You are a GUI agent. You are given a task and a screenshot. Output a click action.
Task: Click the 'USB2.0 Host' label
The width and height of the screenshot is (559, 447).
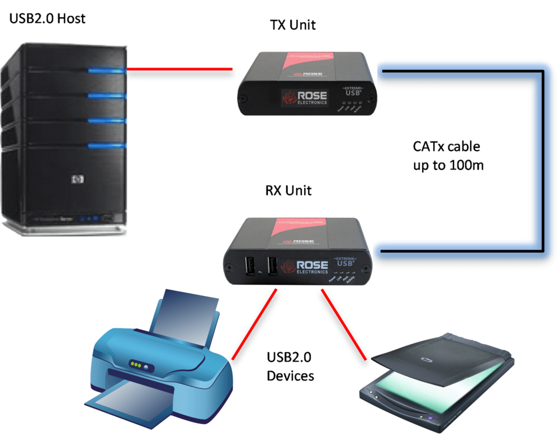[x=48, y=18]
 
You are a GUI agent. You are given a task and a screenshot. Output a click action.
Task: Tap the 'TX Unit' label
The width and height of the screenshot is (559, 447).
[x=292, y=25]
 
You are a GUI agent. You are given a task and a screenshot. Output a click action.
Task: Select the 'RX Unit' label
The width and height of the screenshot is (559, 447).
[x=288, y=191]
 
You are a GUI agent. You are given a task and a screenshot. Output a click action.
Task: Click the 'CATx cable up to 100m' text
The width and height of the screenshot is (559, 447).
[x=447, y=156]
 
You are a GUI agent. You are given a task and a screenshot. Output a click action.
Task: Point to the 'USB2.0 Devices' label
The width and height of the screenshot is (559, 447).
[x=290, y=366]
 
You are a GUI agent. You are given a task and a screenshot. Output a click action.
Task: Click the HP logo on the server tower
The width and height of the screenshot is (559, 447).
[x=77, y=179]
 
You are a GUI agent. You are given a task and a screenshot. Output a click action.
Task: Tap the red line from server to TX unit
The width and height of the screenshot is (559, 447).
[x=179, y=69]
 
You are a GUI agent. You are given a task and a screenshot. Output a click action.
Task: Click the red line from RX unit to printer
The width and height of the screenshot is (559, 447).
[x=254, y=324]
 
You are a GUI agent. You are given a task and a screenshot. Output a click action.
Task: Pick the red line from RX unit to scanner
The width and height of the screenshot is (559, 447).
[x=343, y=324]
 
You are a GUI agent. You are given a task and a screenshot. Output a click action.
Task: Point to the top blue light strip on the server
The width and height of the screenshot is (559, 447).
[x=106, y=70]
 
